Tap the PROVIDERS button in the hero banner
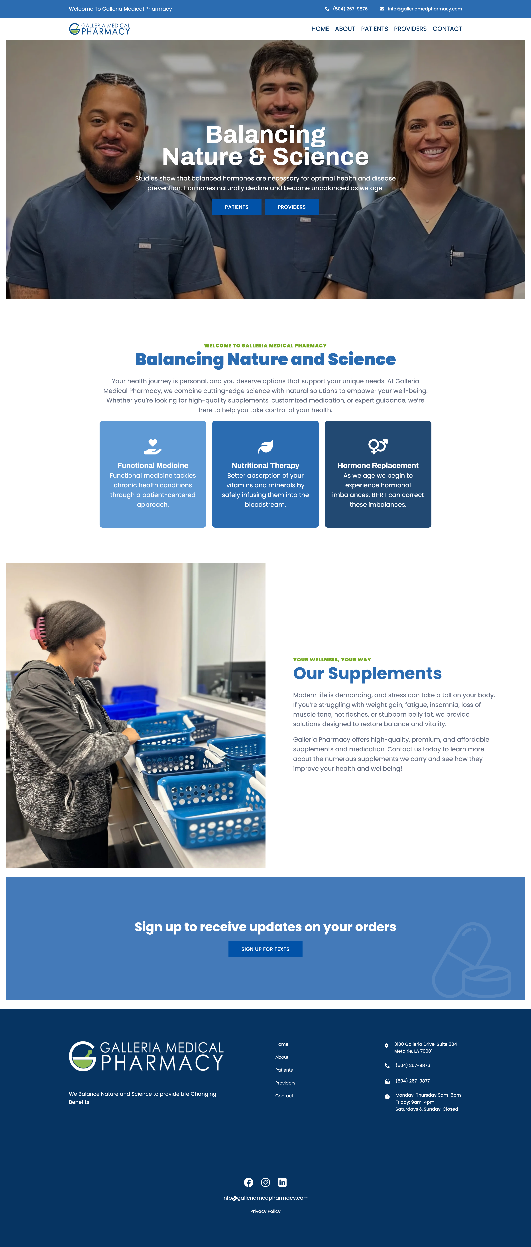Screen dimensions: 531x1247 coord(292,207)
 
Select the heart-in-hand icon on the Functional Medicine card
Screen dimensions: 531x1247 coord(153,446)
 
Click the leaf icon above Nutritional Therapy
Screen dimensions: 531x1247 coord(265,446)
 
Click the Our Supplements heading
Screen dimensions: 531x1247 coord(367,673)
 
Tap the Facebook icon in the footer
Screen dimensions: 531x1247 coord(249,1182)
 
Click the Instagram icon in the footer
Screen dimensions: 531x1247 coord(265,1182)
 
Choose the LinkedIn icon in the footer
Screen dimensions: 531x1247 coord(282,1182)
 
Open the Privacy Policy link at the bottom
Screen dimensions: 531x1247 coord(265,1211)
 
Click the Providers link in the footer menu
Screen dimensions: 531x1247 coord(285,1083)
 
